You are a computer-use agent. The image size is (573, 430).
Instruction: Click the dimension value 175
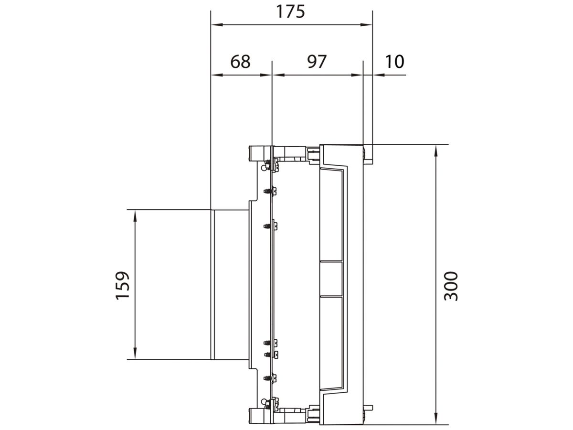click(x=290, y=11)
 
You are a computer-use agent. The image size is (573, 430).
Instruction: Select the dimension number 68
click(x=240, y=62)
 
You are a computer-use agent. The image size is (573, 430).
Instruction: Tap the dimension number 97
click(x=316, y=62)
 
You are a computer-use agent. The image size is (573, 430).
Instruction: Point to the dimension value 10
click(x=394, y=62)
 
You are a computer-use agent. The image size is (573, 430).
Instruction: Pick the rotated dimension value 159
click(x=123, y=286)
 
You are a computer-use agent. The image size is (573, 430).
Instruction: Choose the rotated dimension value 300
click(x=451, y=286)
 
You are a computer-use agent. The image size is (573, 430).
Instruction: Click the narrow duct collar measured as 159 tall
click(x=230, y=284)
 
